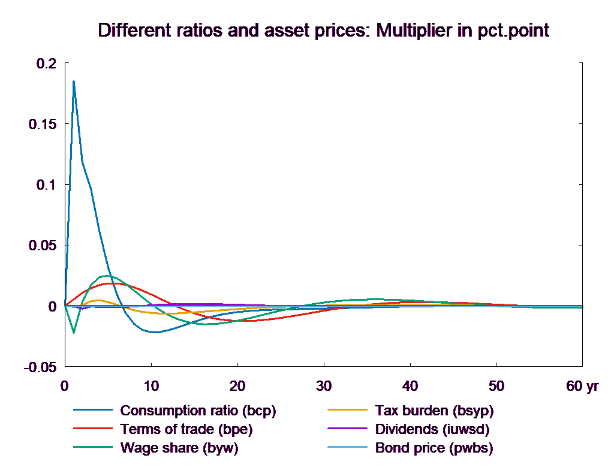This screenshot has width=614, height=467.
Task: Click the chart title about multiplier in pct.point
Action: coord(323,31)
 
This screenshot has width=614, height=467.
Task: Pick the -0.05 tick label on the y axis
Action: coord(41,367)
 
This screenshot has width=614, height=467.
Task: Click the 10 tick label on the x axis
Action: coord(151,386)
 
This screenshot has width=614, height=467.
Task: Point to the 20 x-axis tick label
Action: coord(237,386)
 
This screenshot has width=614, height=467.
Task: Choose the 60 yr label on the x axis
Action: coord(582,386)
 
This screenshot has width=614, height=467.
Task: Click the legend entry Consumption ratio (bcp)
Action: coord(198,411)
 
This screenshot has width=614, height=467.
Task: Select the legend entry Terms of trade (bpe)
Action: coord(186,430)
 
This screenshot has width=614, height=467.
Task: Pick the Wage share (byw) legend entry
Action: coord(179,448)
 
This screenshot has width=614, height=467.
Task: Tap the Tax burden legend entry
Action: coord(434,411)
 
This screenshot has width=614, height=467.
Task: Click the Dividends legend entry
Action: coord(432,430)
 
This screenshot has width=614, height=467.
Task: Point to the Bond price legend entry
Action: coord(434,448)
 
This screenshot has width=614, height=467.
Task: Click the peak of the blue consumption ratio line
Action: coord(74,81)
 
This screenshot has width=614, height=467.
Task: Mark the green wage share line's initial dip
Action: coord(74,332)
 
